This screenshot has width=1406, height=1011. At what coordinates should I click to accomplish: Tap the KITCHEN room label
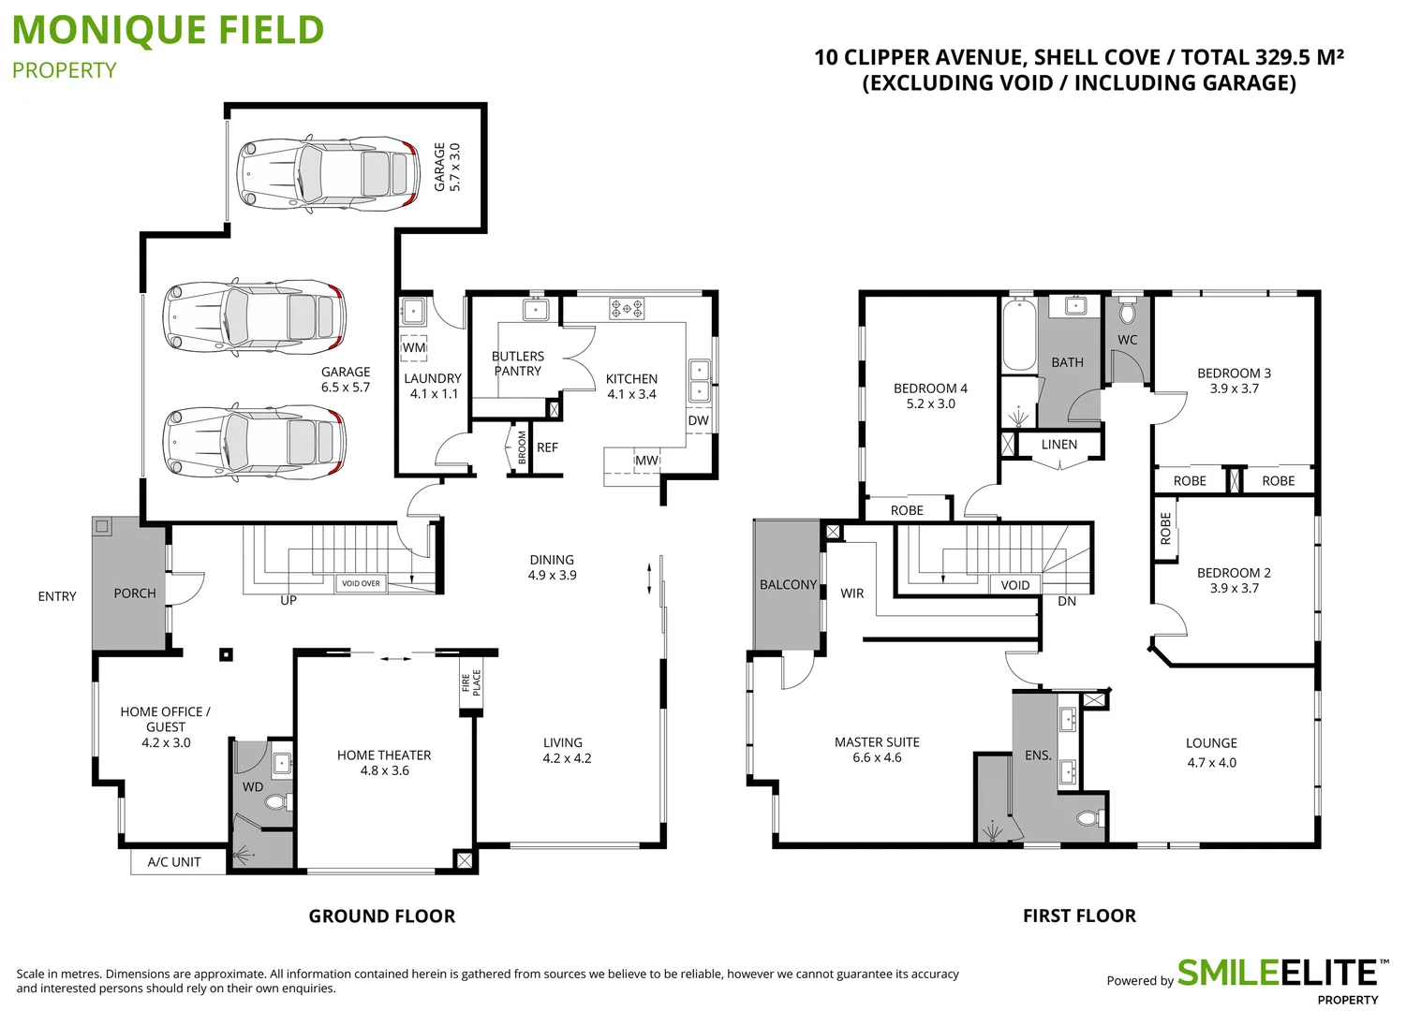click(631, 379)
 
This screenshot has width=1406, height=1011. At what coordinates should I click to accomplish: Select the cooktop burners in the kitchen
click(627, 307)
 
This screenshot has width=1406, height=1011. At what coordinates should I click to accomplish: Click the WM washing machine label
click(414, 347)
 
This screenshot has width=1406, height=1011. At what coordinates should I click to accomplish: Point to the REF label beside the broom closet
click(547, 447)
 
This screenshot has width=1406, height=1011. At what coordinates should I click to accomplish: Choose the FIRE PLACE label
click(471, 682)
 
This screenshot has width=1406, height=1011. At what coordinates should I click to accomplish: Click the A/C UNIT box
click(175, 862)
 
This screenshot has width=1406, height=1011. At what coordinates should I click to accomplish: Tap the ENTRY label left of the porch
click(57, 596)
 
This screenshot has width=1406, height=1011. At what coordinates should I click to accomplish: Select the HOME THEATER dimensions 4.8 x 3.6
click(385, 770)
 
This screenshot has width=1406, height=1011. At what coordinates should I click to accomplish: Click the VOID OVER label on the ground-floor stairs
click(361, 583)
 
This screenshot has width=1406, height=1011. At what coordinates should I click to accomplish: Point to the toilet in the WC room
click(1127, 311)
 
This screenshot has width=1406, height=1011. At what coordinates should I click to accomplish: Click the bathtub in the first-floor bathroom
click(1018, 335)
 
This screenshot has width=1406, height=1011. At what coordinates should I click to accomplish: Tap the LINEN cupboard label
click(1059, 445)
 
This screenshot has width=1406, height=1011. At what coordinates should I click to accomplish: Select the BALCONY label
click(788, 584)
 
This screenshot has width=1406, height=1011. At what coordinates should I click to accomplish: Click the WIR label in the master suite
click(851, 593)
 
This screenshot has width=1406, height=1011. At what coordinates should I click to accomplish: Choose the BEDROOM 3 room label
click(1234, 373)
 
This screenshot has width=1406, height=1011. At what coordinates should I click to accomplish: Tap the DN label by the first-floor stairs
click(1067, 601)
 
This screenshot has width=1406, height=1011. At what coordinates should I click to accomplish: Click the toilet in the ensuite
click(1088, 819)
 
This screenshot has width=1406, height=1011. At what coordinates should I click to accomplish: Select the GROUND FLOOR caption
click(382, 916)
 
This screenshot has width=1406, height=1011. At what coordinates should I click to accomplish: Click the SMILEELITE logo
click(1276, 974)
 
